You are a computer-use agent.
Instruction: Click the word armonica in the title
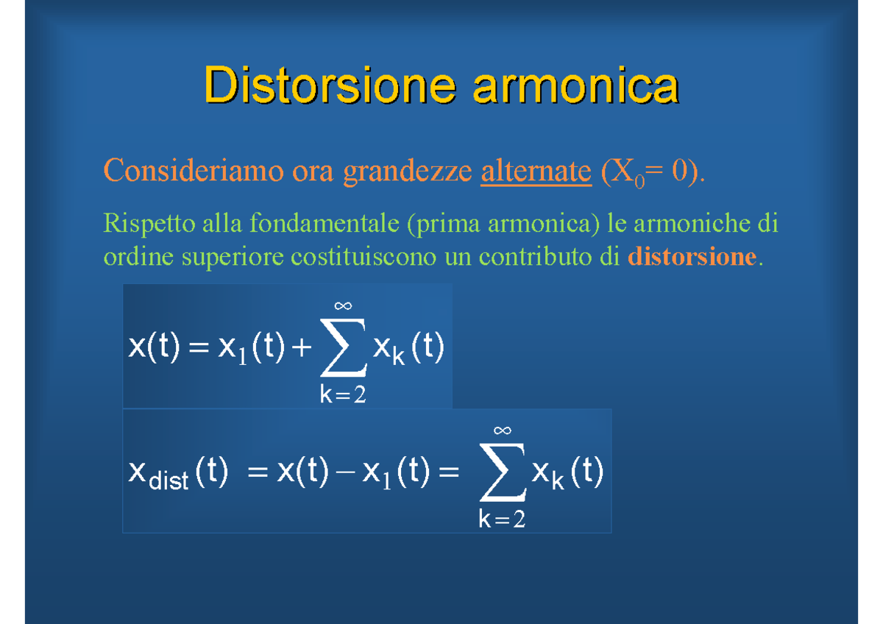[575, 86]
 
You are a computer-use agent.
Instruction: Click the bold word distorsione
[692, 257]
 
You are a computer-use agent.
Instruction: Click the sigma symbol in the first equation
[342, 350]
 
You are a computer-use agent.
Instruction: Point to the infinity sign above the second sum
[502, 430]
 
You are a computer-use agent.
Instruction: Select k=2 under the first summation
[342, 395]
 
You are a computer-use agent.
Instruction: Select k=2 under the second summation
[502, 520]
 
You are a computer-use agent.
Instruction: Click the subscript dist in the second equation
[169, 483]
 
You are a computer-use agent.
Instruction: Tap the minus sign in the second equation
[343, 474]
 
